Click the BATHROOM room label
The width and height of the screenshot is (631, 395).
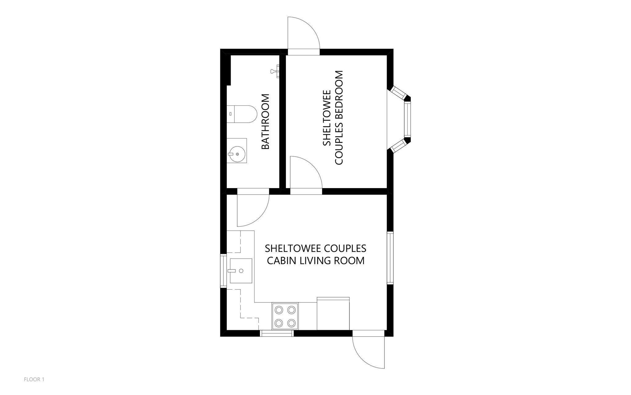click(x=265, y=122)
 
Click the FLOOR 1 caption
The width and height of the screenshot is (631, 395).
click(x=34, y=379)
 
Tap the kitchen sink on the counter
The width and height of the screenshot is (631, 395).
click(x=241, y=271)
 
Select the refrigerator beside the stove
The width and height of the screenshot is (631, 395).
click(x=333, y=314)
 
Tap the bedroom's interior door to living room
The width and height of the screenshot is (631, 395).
click(x=305, y=174)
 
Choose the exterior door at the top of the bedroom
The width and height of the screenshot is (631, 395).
click(x=303, y=34)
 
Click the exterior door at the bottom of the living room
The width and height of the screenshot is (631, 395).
click(x=368, y=352)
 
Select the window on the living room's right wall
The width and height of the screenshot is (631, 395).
click(x=390, y=258)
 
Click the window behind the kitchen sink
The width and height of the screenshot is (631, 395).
click(x=222, y=270)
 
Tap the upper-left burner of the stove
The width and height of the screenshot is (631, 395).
click(x=279, y=309)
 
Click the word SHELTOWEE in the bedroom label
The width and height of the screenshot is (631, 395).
click(x=327, y=118)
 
